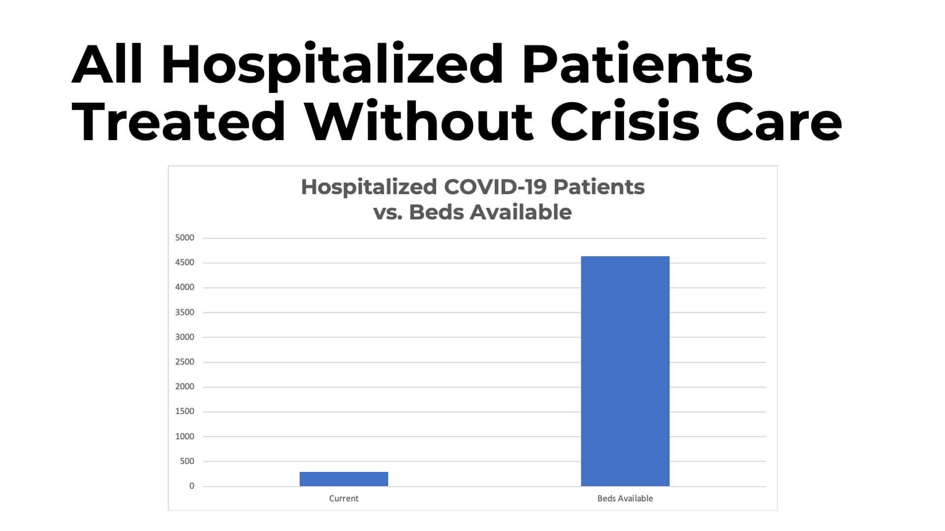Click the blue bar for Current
(x=344, y=479)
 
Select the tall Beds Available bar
(x=625, y=371)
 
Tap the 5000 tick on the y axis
(x=185, y=238)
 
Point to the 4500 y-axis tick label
(x=185, y=263)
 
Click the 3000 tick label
(x=185, y=337)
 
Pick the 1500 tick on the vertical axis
(x=185, y=412)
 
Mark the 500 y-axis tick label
(x=187, y=461)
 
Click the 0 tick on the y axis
(x=191, y=486)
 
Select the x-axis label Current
(x=344, y=499)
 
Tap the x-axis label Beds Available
(x=625, y=499)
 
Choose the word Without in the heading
(x=418, y=121)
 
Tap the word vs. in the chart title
(x=388, y=212)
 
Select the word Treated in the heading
(x=179, y=121)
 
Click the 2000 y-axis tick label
(x=185, y=387)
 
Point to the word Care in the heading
(x=779, y=121)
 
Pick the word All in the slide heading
(x=107, y=65)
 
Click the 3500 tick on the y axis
(x=185, y=312)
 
